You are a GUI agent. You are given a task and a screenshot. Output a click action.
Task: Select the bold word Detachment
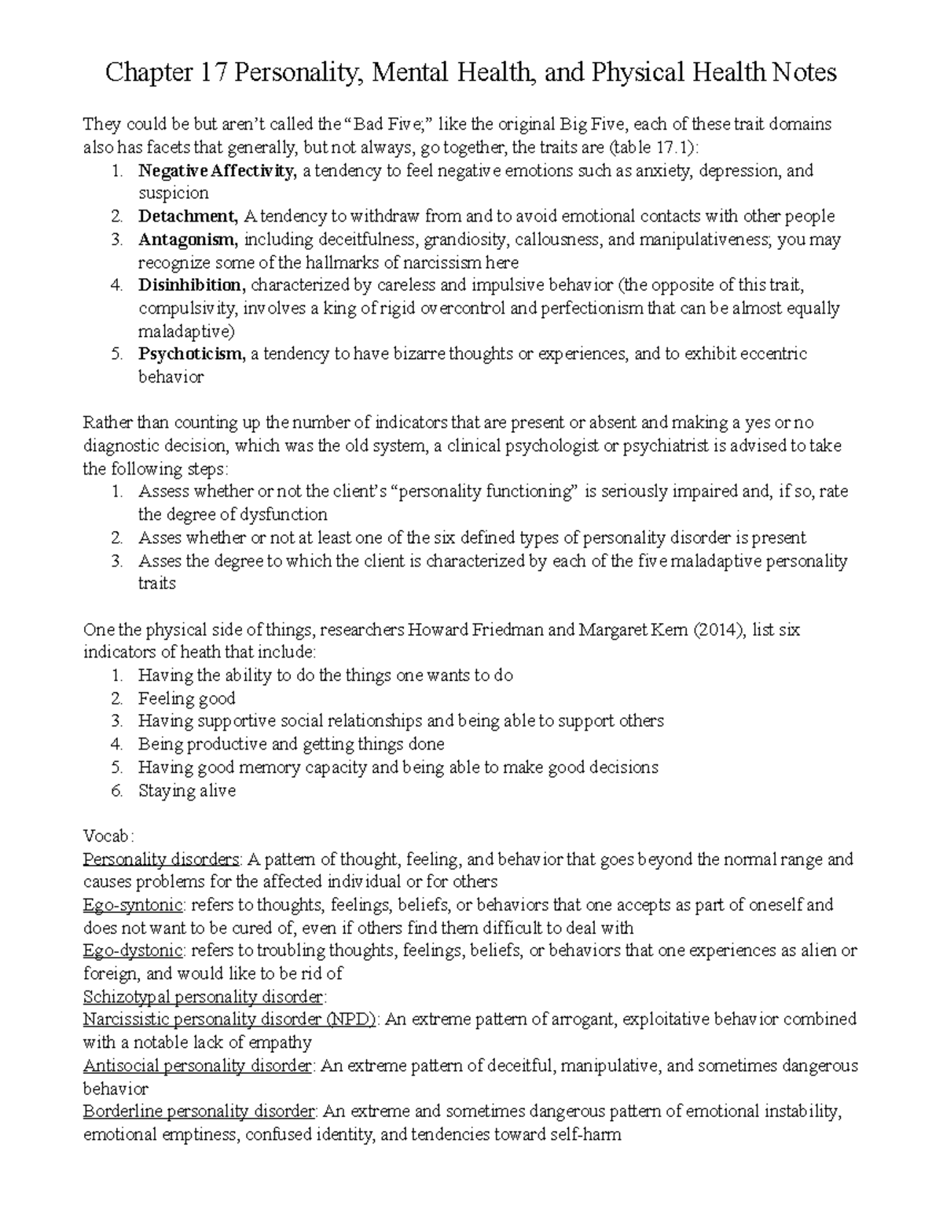pyautogui.click(x=187, y=216)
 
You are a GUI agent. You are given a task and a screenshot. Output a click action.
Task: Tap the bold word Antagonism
pyautogui.click(x=186, y=239)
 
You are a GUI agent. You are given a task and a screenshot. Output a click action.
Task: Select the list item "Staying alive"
pyautogui.click(x=187, y=790)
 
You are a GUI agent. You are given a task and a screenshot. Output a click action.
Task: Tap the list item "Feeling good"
pyautogui.click(x=187, y=698)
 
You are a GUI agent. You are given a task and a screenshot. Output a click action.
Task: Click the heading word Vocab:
pyautogui.click(x=108, y=836)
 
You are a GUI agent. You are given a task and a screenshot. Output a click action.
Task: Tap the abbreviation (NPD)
pyautogui.click(x=351, y=1020)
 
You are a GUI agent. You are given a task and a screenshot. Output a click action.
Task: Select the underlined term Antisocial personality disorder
pyautogui.click(x=197, y=1066)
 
